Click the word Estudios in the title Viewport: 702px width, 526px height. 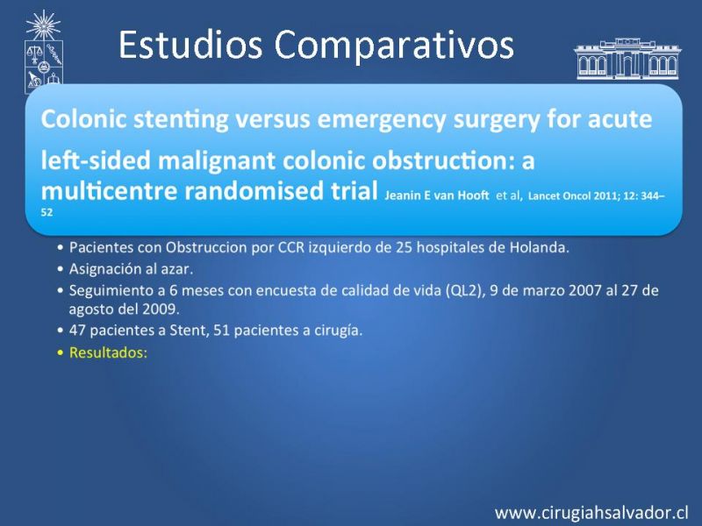(x=190, y=44)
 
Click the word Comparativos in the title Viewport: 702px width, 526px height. (x=394, y=47)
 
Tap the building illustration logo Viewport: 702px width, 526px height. (x=627, y=59)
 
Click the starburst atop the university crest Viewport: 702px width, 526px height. (x=43, y=25)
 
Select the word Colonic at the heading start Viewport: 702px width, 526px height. (x=83, y=118)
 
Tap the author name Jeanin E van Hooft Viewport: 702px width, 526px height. (x=436, y=195)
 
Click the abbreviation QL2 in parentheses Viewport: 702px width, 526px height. (x=466, y=291)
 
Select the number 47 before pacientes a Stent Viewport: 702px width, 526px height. (x=77, y=331)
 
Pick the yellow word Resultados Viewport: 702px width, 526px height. (x=108, y=353)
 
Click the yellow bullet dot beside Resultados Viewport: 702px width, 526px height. (x=61, y=353)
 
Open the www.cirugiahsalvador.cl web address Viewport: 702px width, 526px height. (x=591, y=512)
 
